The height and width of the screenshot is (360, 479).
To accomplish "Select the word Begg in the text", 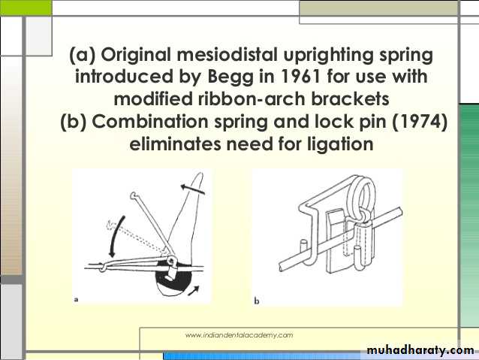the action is pos(230,77).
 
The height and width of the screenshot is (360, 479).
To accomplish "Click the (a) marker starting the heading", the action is pos(83,55).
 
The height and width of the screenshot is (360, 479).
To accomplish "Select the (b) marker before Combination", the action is pos(74,122).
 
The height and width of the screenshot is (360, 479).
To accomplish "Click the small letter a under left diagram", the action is pos(77,299).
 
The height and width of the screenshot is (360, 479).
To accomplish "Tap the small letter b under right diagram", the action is pos(257,301).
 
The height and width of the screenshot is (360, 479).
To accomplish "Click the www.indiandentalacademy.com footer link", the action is pos(239,335).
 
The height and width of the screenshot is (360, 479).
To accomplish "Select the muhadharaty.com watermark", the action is pos(420,350).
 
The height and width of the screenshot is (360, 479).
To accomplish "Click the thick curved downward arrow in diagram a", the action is pos(116,236).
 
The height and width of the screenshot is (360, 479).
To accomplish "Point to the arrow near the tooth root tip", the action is pos(192,189).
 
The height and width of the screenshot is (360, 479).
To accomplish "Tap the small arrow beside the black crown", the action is pos(194,291).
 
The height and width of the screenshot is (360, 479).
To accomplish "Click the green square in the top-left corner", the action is pos(26,8).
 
